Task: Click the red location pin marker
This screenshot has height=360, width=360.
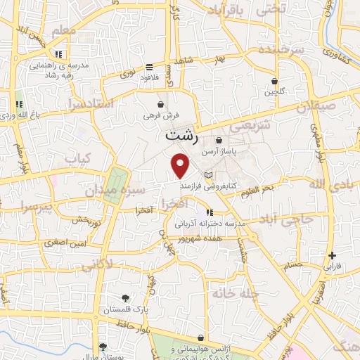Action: [x=181, y=165]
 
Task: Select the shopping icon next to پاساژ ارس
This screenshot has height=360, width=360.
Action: [x=219, y=140]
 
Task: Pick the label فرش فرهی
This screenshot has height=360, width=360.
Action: [x=157, y=114]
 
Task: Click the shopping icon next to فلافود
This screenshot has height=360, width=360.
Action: [x=149, y=67]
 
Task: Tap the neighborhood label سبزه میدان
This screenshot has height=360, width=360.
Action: [x=116, y=190]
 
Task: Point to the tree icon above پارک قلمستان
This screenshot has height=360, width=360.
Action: [x=125, y=298]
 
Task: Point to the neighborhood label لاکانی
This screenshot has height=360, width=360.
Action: [x=96, y=265]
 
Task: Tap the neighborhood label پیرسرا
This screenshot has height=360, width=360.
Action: [x=34, y=207]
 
